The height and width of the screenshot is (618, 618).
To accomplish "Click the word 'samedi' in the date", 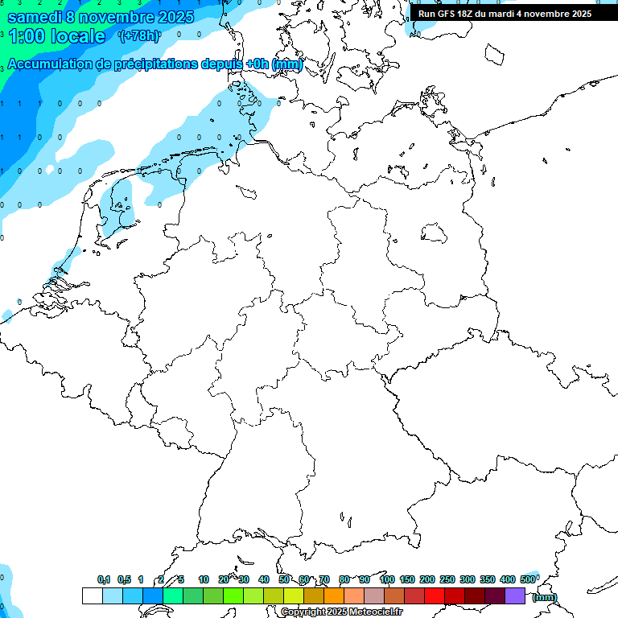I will [x=34, y=16].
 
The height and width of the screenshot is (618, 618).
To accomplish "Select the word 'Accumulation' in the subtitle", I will [x=50, y=64].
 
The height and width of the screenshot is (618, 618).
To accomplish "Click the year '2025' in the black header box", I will [x=579, y=14].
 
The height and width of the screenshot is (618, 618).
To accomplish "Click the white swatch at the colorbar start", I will [x=92, y=596].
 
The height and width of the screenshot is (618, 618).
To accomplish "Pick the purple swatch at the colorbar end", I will [x=515, y=596].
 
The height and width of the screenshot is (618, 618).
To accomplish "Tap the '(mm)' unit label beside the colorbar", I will [x=545, y=597].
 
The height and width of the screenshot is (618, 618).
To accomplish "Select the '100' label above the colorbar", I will [x=386, y=579].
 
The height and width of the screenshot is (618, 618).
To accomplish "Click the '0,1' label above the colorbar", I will [x=104, y=579].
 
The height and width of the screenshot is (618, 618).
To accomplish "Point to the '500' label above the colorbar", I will [x=528, y=579].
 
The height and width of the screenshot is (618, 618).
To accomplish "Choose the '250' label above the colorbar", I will [x=447, y=579].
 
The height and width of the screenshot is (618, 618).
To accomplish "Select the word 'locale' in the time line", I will [x=78, y=36].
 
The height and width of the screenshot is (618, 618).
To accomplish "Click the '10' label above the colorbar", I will [x=204, y=579].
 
